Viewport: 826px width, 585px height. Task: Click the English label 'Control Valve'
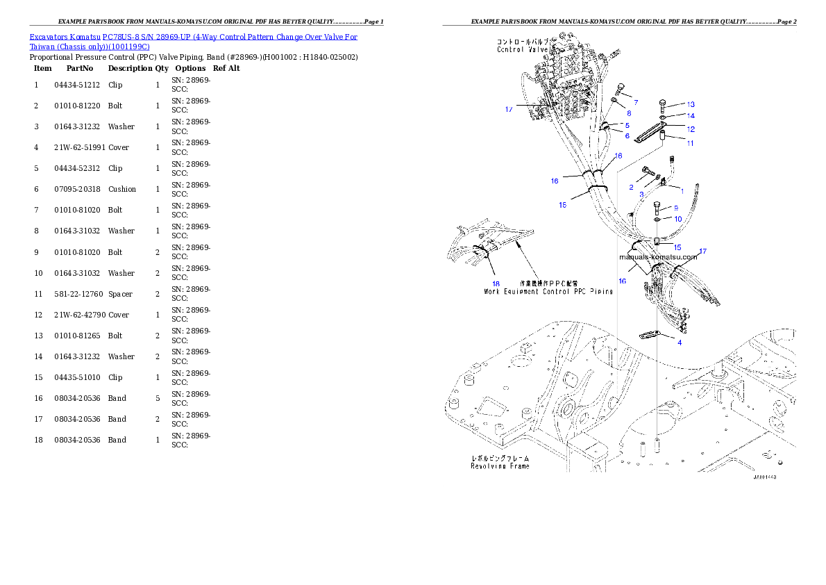point(522,49)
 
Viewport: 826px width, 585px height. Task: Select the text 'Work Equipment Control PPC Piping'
point(548,292)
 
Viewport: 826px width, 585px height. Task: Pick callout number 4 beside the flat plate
point(680,343)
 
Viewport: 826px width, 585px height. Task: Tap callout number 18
point(496,283)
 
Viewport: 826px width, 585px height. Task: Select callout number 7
point(635,102)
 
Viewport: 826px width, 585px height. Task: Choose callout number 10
point(678,219)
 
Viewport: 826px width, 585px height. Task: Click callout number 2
point(631,187)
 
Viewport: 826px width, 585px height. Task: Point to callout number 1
point(682,190)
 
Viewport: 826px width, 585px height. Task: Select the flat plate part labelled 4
point(650,336)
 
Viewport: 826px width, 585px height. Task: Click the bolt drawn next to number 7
point(619,89)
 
